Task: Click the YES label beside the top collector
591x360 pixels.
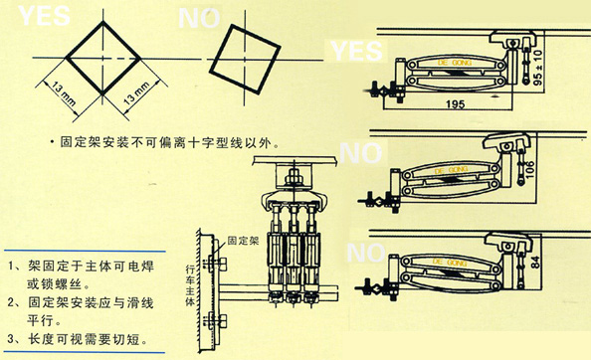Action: (x=355, y=50)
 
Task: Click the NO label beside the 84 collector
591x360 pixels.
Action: (x=359, y=249)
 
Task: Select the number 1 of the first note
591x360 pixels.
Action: (x=11, y=268)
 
